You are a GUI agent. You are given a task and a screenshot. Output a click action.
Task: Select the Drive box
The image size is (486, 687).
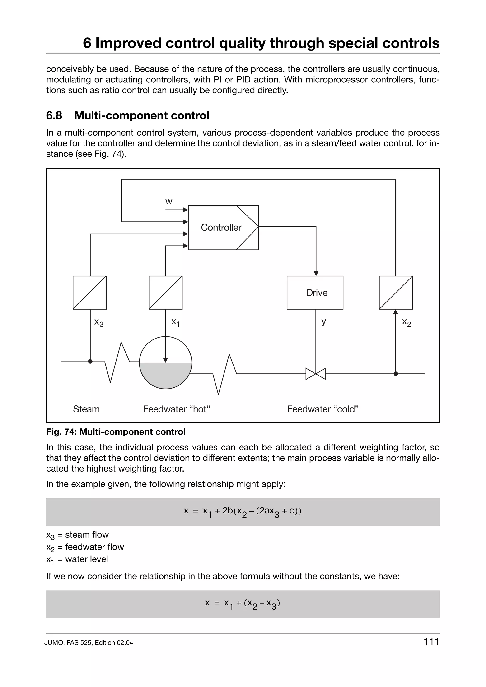[x=315, y=292]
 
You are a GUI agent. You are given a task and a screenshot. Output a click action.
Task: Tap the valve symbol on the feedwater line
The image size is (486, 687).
[x=316, y=374]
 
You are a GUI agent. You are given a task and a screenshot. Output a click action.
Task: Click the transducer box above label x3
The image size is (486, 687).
[x=89, y=292]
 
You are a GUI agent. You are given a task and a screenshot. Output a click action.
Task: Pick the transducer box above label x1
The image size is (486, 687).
[x=166, y=292]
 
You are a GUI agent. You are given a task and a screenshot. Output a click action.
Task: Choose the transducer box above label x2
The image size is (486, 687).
[x=396, y=292]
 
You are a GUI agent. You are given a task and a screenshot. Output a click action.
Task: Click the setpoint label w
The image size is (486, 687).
[x=169, y=202]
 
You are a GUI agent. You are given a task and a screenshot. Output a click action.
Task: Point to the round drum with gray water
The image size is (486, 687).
[x=166, y=363]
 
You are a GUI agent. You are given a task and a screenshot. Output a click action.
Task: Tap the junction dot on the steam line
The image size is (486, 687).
[x=90, y=362]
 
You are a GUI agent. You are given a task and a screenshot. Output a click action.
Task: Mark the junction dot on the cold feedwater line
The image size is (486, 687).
[x=396, y=374]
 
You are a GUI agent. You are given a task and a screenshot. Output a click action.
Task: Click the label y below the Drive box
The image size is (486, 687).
[x=323, y=322]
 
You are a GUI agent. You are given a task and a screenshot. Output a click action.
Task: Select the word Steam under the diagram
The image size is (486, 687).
[x=86, y=409]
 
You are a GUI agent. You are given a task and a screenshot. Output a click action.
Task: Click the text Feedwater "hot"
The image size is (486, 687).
[x=176, y=409]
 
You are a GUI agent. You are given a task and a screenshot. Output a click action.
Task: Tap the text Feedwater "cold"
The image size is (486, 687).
[x=323, y=409]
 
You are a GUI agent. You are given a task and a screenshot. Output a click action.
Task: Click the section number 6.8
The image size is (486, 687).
[x=54, y=115]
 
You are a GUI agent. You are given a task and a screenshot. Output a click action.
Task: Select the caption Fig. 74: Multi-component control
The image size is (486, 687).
[x=116, y=432]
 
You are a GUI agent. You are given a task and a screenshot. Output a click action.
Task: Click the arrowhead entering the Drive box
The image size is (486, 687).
[x=316, y=274]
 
